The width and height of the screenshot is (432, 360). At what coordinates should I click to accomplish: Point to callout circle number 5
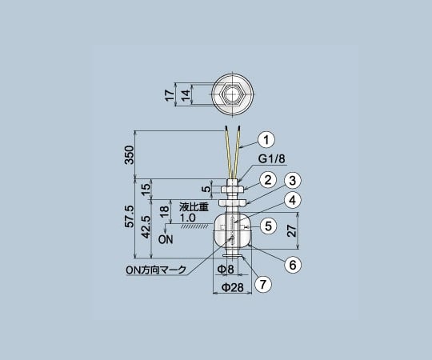270,226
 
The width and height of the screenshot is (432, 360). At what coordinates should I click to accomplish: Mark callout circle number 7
260,284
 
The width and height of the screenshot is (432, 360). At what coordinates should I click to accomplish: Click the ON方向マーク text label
155,270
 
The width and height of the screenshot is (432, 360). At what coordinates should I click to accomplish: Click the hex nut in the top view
232,94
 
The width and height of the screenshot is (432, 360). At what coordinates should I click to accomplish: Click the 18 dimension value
163,210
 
